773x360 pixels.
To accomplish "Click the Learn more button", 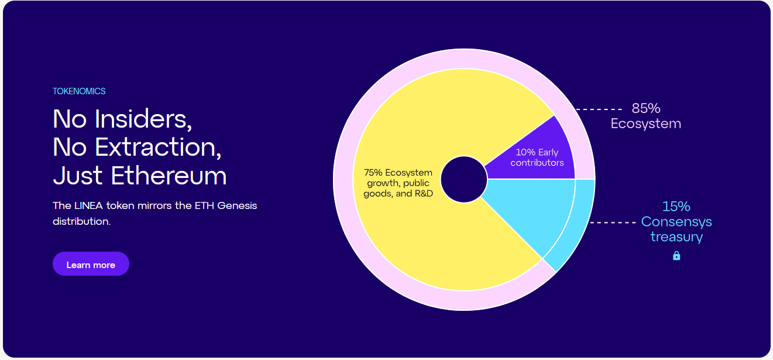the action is click(x=91, y=263).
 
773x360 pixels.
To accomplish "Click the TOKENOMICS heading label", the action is click(x=79, y=91).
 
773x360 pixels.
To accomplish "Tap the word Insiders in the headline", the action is click(x=143, y=119).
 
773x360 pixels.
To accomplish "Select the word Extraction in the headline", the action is click(x=158, y=147).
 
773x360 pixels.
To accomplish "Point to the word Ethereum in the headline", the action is click(x=169, y=176).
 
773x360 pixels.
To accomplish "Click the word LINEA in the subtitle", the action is click(x=89, y=205).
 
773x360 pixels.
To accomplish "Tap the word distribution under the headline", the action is click(x=82, y=221).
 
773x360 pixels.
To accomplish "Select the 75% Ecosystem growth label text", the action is click(x=398, y=183).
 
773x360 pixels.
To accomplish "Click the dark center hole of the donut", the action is click(x=464, y=180).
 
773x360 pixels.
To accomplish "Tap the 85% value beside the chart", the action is click(x=646, y=108).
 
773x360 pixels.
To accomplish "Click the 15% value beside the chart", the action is click(x=676, y=207).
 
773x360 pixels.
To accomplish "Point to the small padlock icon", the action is click(x=676, y=255).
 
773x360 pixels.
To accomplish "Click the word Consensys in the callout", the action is click(x=676, y=222).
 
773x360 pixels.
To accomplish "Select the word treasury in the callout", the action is click(x=676, y=236).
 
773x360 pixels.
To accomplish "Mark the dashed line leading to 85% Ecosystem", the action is click(x=599, y=109).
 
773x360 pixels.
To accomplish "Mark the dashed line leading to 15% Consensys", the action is click(x=613, y=222).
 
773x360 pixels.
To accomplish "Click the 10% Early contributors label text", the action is click(x=537, y=157).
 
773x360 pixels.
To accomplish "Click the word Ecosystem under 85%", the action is click(x=646, y=124).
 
